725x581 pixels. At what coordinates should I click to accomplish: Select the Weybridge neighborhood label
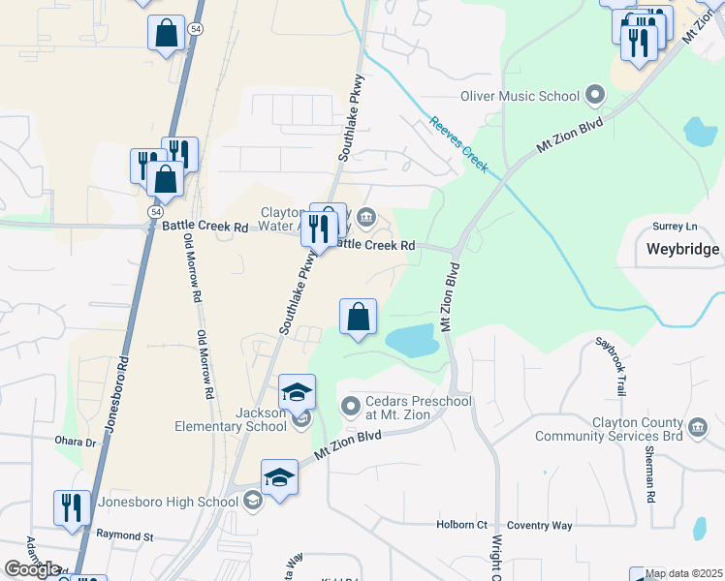682,249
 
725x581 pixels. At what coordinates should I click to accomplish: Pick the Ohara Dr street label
78,442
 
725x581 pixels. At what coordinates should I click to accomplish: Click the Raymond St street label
124,535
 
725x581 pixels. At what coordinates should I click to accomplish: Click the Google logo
32,569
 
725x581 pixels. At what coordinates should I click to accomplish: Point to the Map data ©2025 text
683,574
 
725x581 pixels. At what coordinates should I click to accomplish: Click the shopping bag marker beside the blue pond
359,317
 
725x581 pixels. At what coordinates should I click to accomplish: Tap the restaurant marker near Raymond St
73,508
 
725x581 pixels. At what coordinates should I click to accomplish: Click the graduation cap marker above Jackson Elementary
297,392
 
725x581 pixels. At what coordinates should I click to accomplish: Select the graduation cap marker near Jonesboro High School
279,477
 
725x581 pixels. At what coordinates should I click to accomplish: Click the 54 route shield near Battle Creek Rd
156,211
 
